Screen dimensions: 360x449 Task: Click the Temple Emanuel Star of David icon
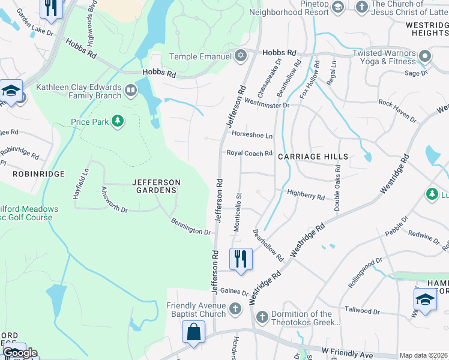[241, 56]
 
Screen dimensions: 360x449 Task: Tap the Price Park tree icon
[118, 122]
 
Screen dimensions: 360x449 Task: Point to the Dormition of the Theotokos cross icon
[262, 316]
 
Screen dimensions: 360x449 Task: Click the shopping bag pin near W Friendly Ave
[193, 332]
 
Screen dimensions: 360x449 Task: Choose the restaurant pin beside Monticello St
[241, 259]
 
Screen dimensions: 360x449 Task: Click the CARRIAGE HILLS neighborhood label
[313, 157]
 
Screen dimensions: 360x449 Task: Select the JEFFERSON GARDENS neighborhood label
[156, 186]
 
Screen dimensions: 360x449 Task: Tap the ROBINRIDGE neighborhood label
[38, 173]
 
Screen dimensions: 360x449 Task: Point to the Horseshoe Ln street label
[252, 136]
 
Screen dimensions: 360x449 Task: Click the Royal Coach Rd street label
[249, 154]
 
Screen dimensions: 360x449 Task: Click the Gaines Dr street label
[234, 292]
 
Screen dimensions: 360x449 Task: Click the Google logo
[20, 353]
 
